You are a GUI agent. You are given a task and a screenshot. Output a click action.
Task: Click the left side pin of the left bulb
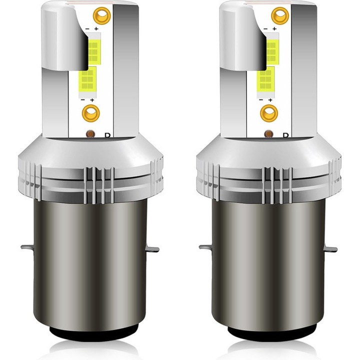27,247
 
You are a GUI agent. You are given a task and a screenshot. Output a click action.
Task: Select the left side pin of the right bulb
205,247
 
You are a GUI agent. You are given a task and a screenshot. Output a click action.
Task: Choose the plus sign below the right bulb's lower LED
270,100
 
